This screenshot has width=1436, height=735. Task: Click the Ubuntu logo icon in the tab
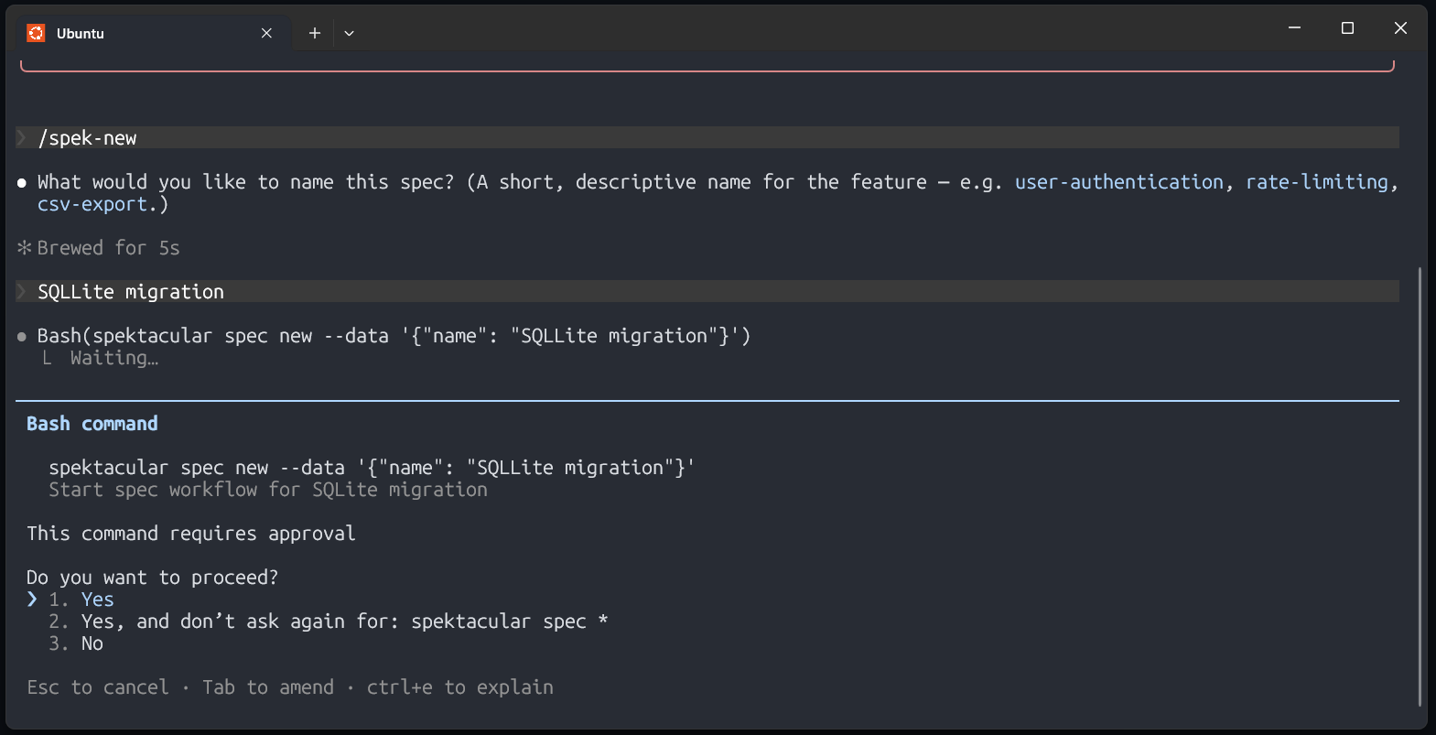[36, 33]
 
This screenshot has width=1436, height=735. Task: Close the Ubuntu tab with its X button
[266, 33]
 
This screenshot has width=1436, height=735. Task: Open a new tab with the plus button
[315, 33]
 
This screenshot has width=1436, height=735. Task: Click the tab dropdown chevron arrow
[349, 33]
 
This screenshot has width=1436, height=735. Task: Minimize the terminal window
[1294, 28]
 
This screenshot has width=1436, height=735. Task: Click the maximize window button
[1347, 28]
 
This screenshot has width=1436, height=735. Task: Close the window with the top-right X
[1400, 28]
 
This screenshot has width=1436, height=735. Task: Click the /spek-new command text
[87, 138]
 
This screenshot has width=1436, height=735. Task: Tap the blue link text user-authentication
[1118, 182]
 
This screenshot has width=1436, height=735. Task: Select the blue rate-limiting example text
[1317, 182]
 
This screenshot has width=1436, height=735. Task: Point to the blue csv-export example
[92, 204]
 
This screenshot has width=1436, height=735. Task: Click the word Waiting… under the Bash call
[114, 358]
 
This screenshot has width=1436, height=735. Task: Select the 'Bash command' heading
[92, 424]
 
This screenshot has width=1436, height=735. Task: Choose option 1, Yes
[97, 600]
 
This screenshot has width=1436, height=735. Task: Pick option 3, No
[92, 643]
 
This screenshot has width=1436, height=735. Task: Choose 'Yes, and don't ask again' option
[345, 622]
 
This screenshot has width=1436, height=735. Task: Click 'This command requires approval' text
[191, 534]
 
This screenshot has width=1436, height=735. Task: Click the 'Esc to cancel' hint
[98, 687]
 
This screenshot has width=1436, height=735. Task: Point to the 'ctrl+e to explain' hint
[459, 687]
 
